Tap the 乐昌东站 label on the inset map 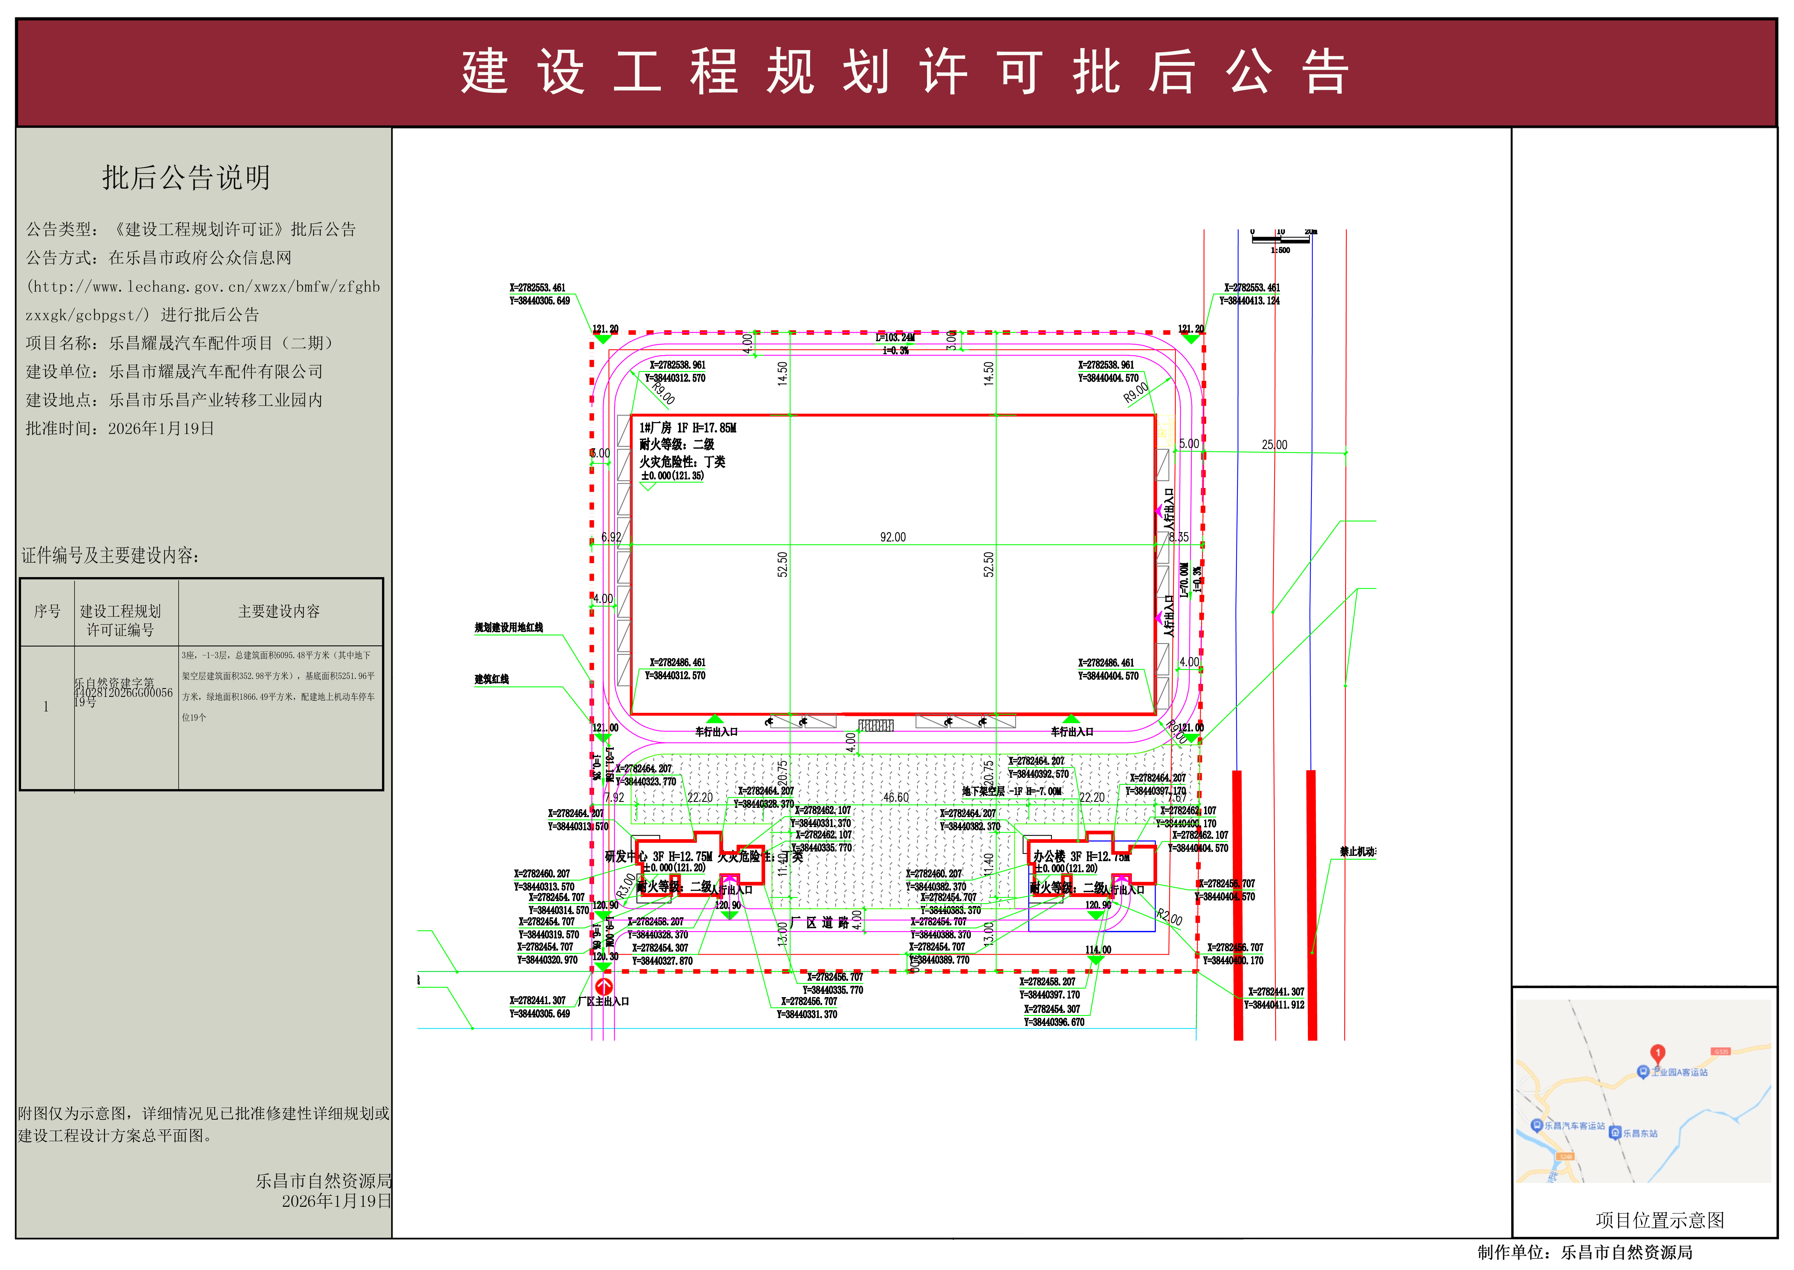pyautogui.click(x=1640, y=1133)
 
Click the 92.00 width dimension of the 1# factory pyautogui.click(x=893, y=537)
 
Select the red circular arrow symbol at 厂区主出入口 pyautogui.click(x=604, y=987)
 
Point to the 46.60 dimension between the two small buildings pyautogui.click(x=896, y=798)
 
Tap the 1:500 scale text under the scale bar pyautogui.click(x=1280, y=250)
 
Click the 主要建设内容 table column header pyautogui.click(x=279, y=612)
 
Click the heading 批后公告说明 pyautogui.click(x=186, y=178)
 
